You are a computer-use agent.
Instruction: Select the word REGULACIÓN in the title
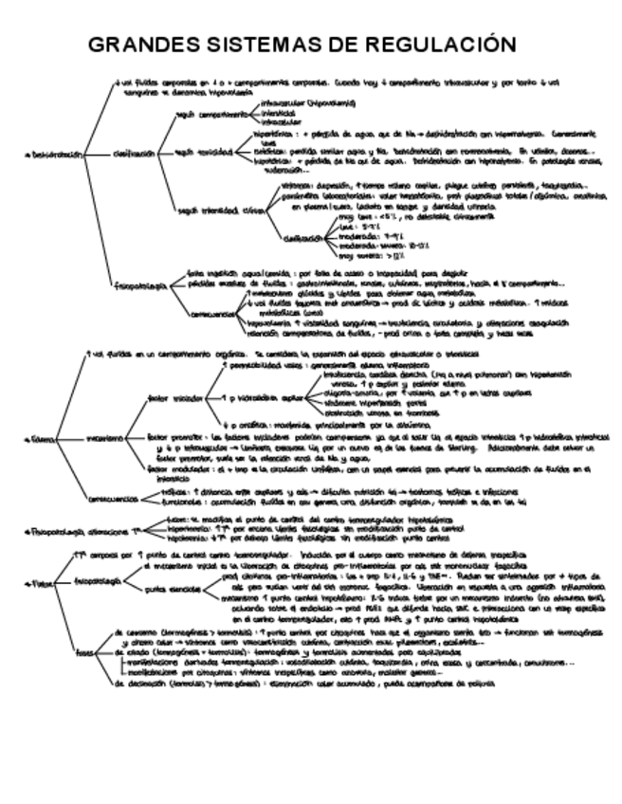446,46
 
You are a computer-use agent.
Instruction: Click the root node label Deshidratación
52,153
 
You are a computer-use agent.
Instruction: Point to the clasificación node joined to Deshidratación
133,153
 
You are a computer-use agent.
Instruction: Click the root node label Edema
42,439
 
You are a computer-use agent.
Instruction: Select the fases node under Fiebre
86,650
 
